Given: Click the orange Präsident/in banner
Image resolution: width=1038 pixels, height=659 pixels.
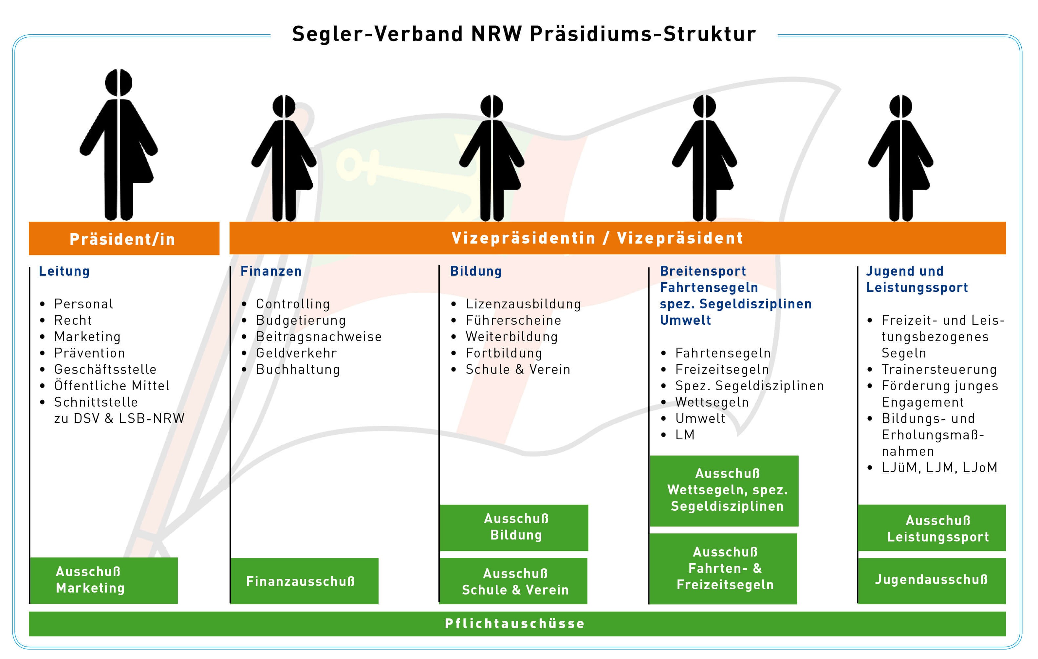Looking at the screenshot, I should click(124, 239).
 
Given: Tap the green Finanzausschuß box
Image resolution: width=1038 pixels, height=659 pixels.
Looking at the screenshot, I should click(304, 581).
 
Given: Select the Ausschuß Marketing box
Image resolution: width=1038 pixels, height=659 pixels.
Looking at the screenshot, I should click(103, 580).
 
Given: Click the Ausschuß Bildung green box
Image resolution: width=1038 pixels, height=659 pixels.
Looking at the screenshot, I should click(514, 527).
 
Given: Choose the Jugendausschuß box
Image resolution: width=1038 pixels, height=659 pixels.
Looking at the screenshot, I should click(932, 580).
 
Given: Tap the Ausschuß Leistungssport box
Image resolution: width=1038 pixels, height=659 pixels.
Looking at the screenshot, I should click(932, 528).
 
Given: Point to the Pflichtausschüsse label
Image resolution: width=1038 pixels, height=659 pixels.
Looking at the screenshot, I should click(515, 623).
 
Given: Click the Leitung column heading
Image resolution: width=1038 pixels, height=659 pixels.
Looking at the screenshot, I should click(64, 271).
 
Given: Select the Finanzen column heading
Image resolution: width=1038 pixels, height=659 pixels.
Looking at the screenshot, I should click(271, 271).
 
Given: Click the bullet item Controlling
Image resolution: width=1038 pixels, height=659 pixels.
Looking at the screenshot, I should click(293, 304).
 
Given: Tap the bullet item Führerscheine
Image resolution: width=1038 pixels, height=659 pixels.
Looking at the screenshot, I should click(513, 320).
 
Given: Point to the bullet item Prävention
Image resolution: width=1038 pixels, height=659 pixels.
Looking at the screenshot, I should click(90, 353).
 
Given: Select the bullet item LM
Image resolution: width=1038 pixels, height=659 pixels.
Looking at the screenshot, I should click(685, 435).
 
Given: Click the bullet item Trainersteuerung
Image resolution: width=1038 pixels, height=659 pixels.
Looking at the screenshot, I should click(939, 369).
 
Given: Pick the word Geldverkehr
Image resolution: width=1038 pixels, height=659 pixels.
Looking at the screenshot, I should click(296, 353).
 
